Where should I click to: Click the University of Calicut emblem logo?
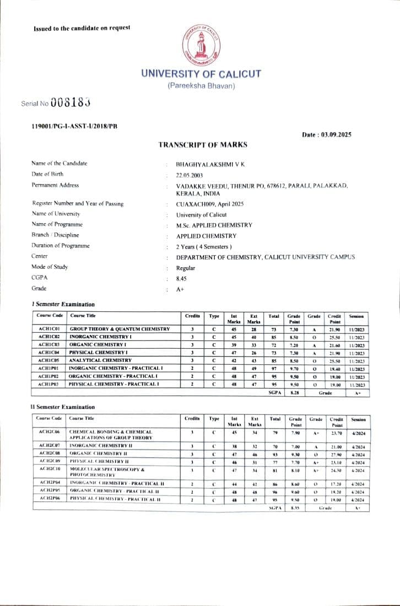click(x=200, y=45)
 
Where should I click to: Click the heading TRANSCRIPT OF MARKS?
click(x=203, y=145)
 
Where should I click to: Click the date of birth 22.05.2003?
click(x=190, y=175)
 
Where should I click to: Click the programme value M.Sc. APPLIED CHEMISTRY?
click(x=214, y=225)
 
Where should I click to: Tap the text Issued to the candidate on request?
click(x=82, y=28)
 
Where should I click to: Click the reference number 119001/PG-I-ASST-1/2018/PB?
click(x=75, y=127)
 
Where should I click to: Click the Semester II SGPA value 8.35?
click(x=294, y=507)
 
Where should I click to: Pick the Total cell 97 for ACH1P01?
click(x=274, y=368)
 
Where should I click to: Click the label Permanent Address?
click(x=55, y=185)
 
